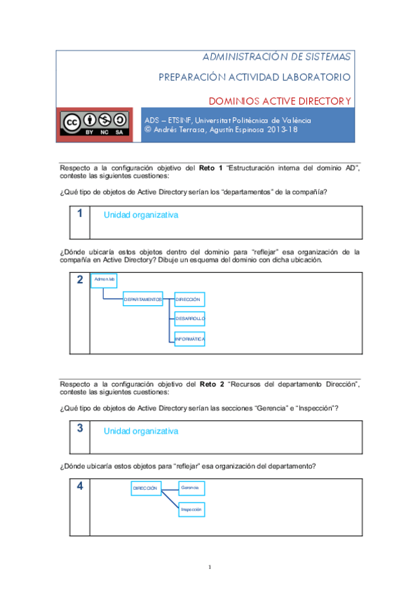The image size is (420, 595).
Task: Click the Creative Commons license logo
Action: [x=93, y=124]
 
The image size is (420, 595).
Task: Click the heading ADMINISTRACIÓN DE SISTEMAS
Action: [x=277, y=56]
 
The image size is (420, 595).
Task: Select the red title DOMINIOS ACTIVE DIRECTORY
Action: [x=280, y=101]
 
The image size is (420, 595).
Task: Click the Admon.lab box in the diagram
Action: [x=104, y=280]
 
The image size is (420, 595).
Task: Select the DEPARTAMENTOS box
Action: [x=143, y=300]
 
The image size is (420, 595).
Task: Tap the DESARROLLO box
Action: [x=189, y=319]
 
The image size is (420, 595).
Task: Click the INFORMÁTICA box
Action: [x=189, y=339]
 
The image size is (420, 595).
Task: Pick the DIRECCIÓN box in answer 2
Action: [x=189, y=300]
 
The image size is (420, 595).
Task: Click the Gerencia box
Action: [x=191, y=488]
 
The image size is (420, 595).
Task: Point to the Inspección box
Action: [x=191, y=509]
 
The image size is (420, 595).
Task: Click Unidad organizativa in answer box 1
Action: [x=141, y=215]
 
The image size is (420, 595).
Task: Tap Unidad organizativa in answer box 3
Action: [x=141, y=431]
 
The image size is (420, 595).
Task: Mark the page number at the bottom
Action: [x=210, y=567]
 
